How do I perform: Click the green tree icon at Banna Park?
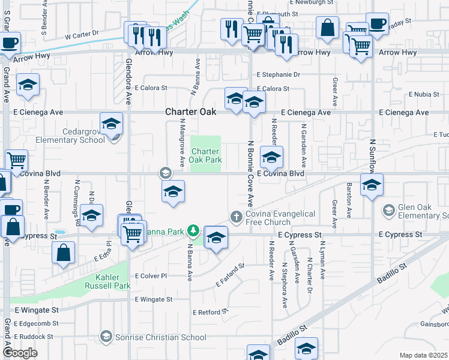pyautogui.click(x=193, y=230)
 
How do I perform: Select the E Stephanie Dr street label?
pyautogui.click(x=278, y=75)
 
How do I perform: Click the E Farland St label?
pyautogui.click(x=230, y=274)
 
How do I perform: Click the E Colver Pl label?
pyautogui.click(x=151, y=276)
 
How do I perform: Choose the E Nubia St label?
pyautogui.click(x=424, y=95)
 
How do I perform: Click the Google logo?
pyautogui.click(x=20, y=353)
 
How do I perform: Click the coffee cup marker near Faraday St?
pyautogui.click(x=377, y=25)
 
